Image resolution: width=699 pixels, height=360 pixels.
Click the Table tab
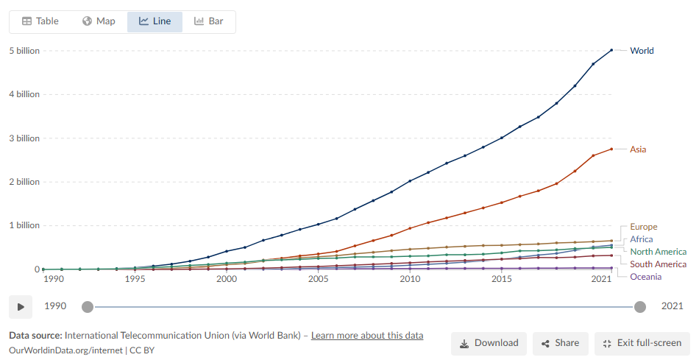tap(40, 21)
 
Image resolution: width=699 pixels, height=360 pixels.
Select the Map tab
tap(99, 21)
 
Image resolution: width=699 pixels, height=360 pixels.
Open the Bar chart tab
tap(208, 21)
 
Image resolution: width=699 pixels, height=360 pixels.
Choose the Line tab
tap(155, 21)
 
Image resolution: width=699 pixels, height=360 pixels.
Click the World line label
tap(642, 51)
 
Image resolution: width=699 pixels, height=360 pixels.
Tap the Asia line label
tap(638, 149)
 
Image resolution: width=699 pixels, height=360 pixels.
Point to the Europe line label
tap(644, 227)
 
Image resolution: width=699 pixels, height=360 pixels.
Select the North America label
tap(659, 252)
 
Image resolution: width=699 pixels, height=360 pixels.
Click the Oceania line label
tap(645, 277)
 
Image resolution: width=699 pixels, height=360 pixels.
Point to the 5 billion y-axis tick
tap(24, 51)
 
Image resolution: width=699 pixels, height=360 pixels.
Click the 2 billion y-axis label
tap(24, 182)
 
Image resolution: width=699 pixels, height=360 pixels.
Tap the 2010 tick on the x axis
tap(410, 280)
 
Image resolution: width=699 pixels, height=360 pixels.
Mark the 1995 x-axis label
tap(135, 280)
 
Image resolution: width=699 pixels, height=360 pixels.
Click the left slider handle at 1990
tap(88, 307)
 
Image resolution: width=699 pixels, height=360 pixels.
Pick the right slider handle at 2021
tap(640, 307)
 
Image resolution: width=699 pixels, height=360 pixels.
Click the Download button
tap(489, 343)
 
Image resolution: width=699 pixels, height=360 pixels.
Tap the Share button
tap(561, 343)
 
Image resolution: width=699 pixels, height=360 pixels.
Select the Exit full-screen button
tap(642, 343)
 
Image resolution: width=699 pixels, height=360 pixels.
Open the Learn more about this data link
tap(367, 336)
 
